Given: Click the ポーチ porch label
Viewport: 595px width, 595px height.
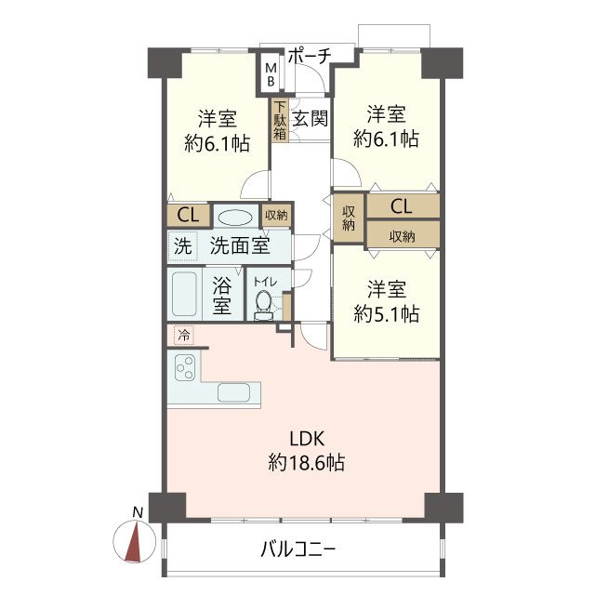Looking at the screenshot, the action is tap(310, 56).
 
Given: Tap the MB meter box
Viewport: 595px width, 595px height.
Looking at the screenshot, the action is tap(271, 74).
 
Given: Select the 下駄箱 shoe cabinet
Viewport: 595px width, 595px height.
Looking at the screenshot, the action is tap(280, 120).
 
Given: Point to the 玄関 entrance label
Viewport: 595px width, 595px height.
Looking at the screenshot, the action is tap(310, 119).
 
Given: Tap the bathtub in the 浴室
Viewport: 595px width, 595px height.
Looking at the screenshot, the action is tap(184, 294).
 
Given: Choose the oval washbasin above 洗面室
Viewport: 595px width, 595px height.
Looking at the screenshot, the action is tap(235, 218).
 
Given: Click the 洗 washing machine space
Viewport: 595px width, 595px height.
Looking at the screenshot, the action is tap(183, 246).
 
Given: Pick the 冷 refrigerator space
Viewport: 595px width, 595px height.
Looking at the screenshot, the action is tap(184, 336).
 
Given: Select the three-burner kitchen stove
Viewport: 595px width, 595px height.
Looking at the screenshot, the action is tap(185, 367).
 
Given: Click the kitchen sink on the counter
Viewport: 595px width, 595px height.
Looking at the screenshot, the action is tap(233, 392).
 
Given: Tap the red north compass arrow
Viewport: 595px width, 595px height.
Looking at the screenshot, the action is tap(134, 541).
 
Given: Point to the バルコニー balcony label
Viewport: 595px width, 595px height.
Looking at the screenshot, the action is tap(298, 549).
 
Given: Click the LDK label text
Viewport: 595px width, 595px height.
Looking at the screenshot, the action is tap(307, 439).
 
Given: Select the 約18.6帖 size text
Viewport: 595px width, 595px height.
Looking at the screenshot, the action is tap(307, 463).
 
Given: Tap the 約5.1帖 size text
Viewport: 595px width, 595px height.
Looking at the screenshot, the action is tap(387, 314).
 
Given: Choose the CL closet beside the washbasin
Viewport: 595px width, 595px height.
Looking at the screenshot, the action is tap(188, 216).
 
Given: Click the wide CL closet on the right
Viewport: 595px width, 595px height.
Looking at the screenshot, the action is tap(402, 206).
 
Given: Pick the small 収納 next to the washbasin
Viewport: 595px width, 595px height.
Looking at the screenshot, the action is tap(276, 215).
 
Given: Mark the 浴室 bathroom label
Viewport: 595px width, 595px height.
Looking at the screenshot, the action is tap(222, 296).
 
